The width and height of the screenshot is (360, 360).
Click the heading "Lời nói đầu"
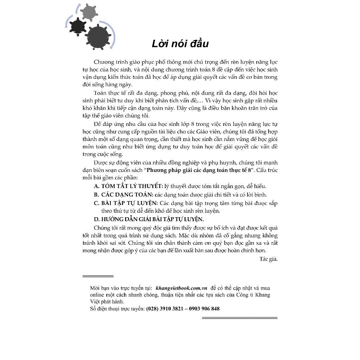(x=180, y=44)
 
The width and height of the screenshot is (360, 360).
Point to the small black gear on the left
(x=77, y=26)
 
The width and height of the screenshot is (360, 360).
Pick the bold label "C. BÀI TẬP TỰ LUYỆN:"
(x=126, y=203)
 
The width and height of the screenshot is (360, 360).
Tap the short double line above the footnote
(x=98, y=276)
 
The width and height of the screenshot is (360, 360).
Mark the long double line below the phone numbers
(x=239, y=318)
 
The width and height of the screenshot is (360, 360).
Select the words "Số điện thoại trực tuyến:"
(x=117, y=309)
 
